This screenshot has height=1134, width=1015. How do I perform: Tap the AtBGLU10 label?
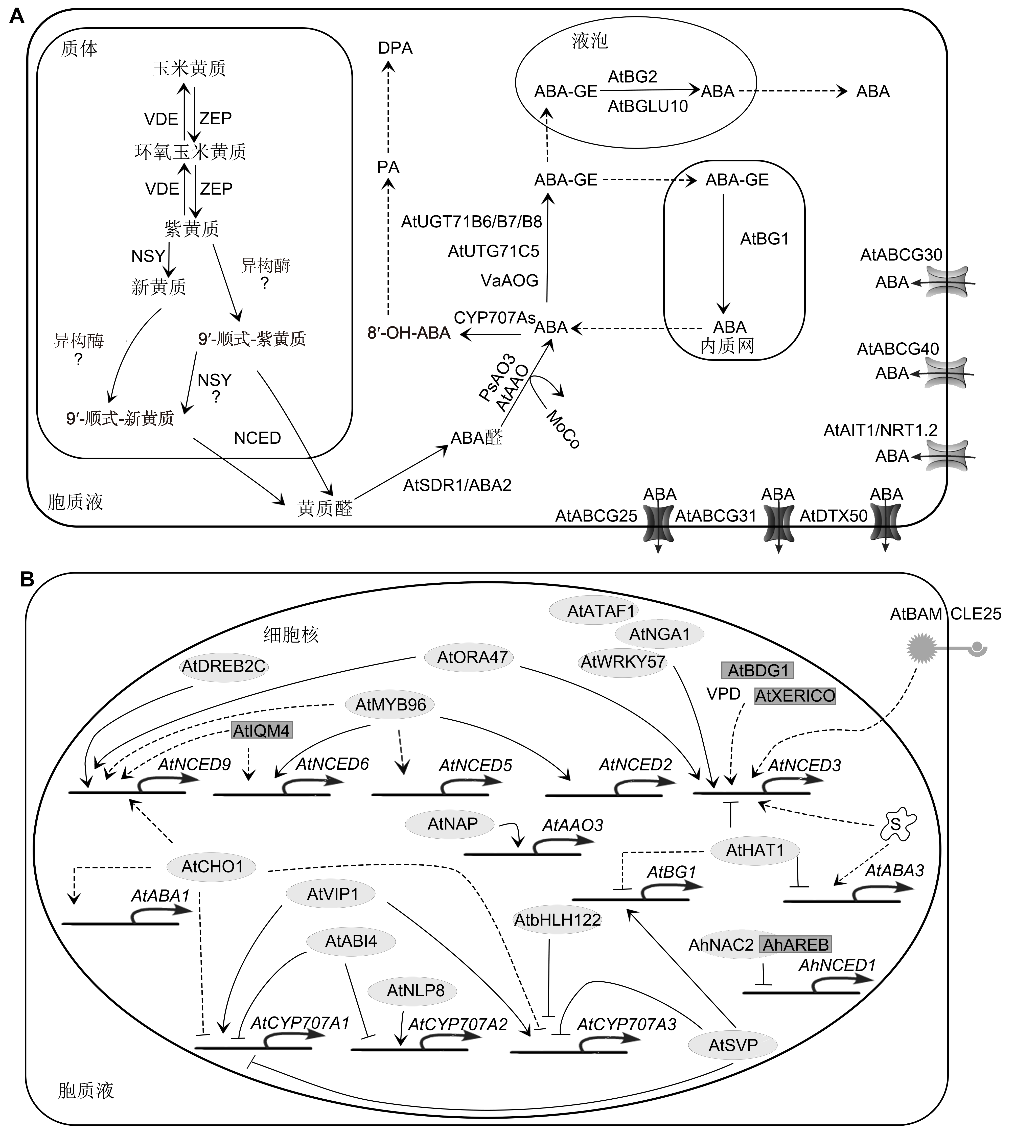point(648,106)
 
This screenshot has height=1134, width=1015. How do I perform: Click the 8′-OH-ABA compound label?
point(409,333)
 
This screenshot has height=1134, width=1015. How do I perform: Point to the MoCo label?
point(563,429)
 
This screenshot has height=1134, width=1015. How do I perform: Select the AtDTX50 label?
point(833,516)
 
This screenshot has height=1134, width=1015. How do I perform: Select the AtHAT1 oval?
point(755,850)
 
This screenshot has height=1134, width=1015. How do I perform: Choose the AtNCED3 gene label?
point(804,766)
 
